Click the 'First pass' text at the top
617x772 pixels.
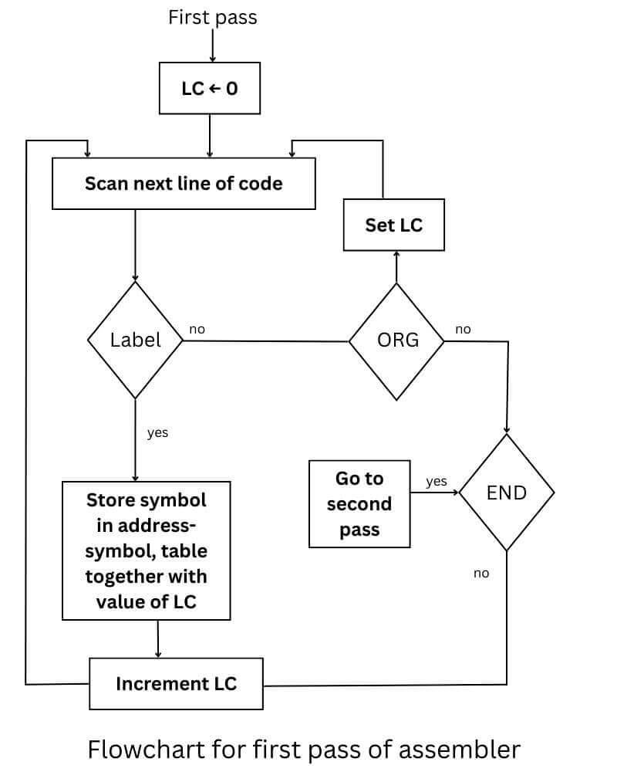[212, 18]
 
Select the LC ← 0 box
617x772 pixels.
[210, 89]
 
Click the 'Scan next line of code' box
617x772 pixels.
[184, 184]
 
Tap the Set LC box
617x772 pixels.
[393, 225]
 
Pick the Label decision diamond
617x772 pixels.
[136, 340]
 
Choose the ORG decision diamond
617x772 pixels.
[397, 340]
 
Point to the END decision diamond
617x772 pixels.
[507, 493]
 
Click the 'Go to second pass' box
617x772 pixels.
[359, 504]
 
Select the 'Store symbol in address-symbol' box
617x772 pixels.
[146, 550]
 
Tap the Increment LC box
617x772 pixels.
[176, 683]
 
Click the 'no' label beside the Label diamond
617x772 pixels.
[197, 330]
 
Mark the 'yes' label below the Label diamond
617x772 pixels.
[157, 432]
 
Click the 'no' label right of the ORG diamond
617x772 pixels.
[463, 330]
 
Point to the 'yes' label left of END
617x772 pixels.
[437, 482]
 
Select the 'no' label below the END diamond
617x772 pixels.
[481, 573]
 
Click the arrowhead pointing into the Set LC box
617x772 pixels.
[396, 256]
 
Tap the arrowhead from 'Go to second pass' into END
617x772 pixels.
[455, 493]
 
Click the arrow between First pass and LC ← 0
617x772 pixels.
[212, 48]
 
